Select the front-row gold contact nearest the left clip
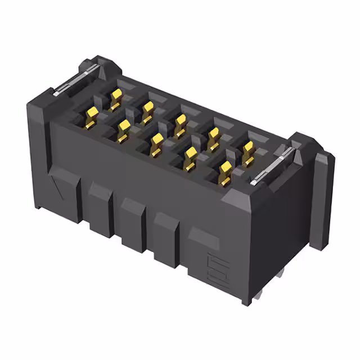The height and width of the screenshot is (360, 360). (91, 116)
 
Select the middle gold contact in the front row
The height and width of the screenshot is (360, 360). (157, 144)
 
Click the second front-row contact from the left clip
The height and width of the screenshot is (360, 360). (124, 130)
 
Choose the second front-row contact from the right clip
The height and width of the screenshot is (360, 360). (191, 158)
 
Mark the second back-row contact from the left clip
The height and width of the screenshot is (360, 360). (147, 111)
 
